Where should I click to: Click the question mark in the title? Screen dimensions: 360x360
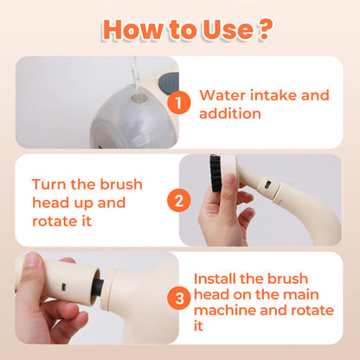[265, 29]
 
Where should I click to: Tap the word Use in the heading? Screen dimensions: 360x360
[228, 29]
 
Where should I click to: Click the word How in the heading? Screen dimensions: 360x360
[132, 29]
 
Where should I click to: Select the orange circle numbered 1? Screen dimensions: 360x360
[179, 102]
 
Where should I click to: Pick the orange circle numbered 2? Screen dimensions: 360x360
[179, 200]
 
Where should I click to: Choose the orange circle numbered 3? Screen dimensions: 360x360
[179, 298]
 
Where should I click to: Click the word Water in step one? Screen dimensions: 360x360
[222, 95]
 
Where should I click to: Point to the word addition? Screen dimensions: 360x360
[230, 113]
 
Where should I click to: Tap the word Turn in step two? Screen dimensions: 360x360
[49, 184]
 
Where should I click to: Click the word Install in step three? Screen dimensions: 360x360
[215, 279]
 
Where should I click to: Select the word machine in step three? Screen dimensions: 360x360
[225, 311]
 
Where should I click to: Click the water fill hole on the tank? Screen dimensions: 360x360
[139, 98]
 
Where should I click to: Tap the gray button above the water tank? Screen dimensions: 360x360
[169, 84]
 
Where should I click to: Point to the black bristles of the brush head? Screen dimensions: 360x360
[215, 173]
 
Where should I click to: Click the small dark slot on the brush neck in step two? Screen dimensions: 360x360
[267, 183]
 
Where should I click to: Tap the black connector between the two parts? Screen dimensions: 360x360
[99, 286]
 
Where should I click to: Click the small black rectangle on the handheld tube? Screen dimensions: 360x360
[64, 286]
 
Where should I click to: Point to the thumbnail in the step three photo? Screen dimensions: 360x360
[31, 260]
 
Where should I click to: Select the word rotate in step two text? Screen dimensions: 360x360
[50, 222]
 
